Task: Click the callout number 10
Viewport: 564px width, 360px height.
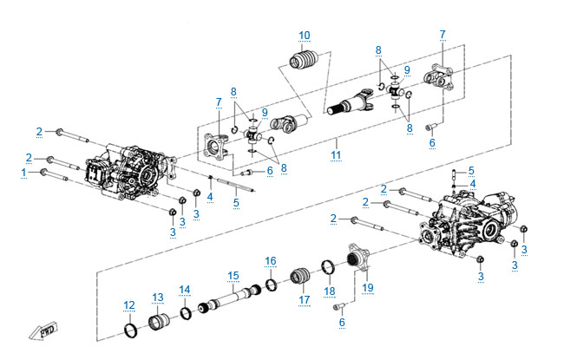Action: coord(304,36)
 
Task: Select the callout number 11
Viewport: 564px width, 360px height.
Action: coord(336,155)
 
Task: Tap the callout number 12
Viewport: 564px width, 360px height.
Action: coord(128,304)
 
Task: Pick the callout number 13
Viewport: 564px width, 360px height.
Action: coord(157,298)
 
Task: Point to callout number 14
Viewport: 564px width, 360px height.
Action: coord(184,289)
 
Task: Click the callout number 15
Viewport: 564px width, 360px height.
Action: coord(233,276)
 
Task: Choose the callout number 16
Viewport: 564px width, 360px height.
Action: coord(271,260)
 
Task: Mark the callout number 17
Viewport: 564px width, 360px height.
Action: coord(304,300)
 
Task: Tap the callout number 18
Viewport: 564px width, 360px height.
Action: coord(329,290)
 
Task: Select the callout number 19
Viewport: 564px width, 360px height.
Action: coord(367,286)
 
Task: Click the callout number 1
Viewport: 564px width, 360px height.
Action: coord(23,172)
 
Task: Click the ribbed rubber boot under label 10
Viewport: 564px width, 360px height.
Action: coord(305,67)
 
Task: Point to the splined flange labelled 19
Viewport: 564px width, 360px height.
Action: coord(357,259)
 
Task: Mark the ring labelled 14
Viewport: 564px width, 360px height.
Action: coord(186,312)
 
